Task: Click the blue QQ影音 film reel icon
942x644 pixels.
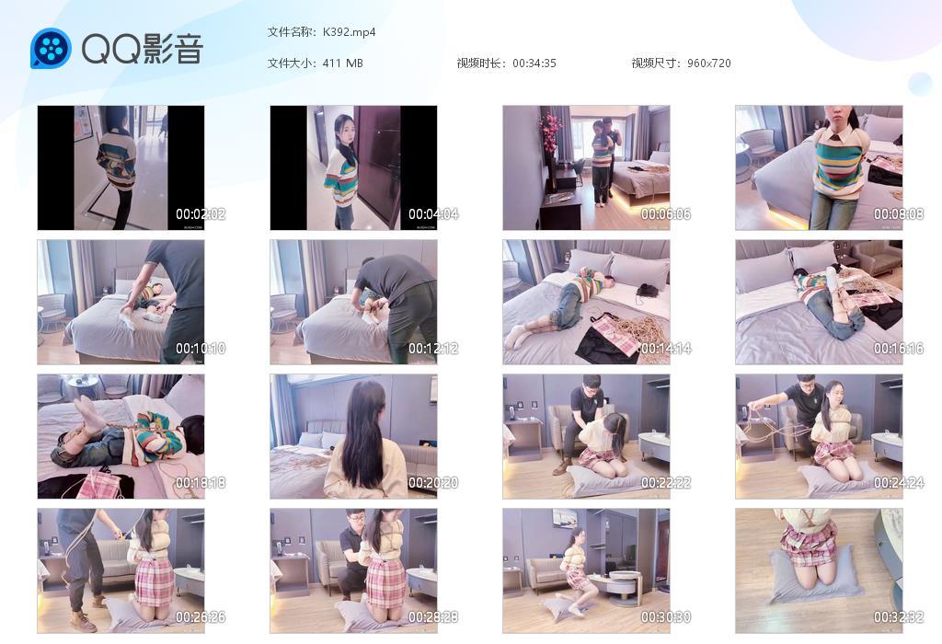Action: point(51,49)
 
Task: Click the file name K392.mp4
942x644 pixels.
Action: point(349,32)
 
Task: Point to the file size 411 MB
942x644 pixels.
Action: point(342,63)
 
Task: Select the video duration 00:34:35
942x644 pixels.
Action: point(534,63)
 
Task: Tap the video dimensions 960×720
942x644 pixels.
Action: point(708,63)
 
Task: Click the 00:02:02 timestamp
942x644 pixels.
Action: point(201,214)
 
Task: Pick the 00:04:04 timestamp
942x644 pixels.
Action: point(433,214)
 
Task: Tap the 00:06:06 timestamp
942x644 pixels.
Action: point(666,214)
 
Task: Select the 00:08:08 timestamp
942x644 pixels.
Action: point(899,214)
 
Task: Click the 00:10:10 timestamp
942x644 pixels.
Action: point(201,349)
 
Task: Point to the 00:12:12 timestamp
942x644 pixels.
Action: point(433,349)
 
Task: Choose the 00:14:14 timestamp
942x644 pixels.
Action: point(666,349)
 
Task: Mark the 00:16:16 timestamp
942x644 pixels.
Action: point(899,349)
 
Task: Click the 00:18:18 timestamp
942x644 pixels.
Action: point(201,483)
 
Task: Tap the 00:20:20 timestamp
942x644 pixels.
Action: point(433,483)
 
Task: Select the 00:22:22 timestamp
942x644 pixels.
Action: point(666,483)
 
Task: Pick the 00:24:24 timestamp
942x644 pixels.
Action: point(899,483)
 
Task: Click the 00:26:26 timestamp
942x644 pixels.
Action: point(201,617)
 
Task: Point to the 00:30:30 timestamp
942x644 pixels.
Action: point(666,617)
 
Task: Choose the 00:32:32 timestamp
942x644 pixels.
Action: point(899,617)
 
